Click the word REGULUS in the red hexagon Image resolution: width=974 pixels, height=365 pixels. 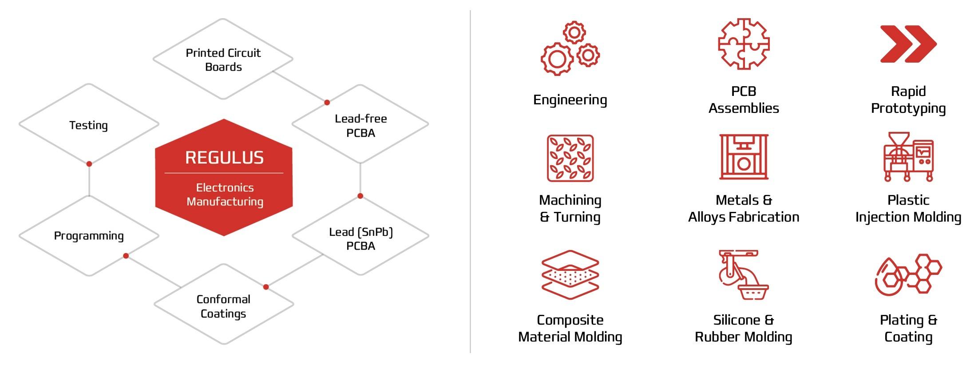click(224, 158)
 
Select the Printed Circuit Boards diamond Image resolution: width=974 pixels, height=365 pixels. click(223, 60)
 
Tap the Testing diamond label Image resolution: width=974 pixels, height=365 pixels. click(88, 125)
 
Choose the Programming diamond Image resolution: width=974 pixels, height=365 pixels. click(89, 235)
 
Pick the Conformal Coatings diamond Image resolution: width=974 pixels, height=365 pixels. click(223, 306)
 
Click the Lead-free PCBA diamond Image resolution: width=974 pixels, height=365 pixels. click(360, 125)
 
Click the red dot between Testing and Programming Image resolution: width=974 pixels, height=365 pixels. click(89, 164)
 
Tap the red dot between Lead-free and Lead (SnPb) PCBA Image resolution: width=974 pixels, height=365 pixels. click(360, 196)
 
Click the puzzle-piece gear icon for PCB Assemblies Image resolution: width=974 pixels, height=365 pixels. click(744, 44)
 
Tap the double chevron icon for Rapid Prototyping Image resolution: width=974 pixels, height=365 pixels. click(908, 44)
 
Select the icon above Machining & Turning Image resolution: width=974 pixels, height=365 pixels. click(570, 158)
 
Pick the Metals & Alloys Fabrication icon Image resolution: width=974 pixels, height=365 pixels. click(744, 157)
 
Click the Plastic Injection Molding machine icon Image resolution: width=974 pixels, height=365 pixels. click(908, 157)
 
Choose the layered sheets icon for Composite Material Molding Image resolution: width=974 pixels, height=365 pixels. click(570, 274)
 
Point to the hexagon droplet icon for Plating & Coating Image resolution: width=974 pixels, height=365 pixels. click(908, 274)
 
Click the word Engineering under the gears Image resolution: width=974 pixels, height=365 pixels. click(570, 100)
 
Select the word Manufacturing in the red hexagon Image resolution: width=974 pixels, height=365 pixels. click(225, 202)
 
